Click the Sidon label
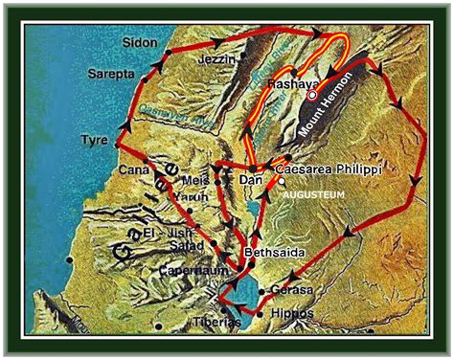pyautogui.click(x=140, y=43)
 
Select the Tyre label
pyautogui.click(x=93, y=140)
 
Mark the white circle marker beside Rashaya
pyautogui.click(x=312, y=95)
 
